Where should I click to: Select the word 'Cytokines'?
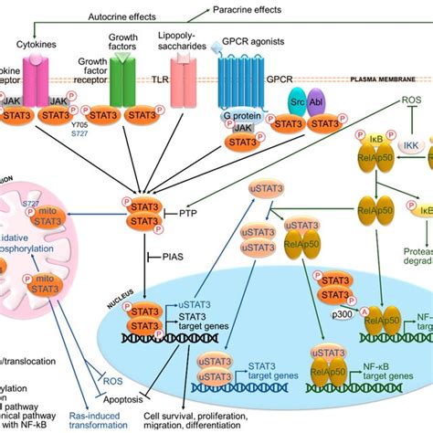point(38,42)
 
